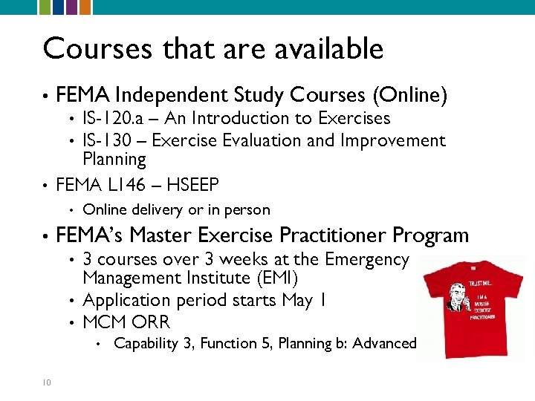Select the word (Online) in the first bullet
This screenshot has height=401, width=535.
point(410,95)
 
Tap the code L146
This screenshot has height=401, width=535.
point(132,184)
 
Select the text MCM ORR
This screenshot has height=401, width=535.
point(126,322)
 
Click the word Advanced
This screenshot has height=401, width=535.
point(384,343)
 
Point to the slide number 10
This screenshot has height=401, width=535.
point(46,382)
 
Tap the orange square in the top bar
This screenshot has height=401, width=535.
point(85,7)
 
